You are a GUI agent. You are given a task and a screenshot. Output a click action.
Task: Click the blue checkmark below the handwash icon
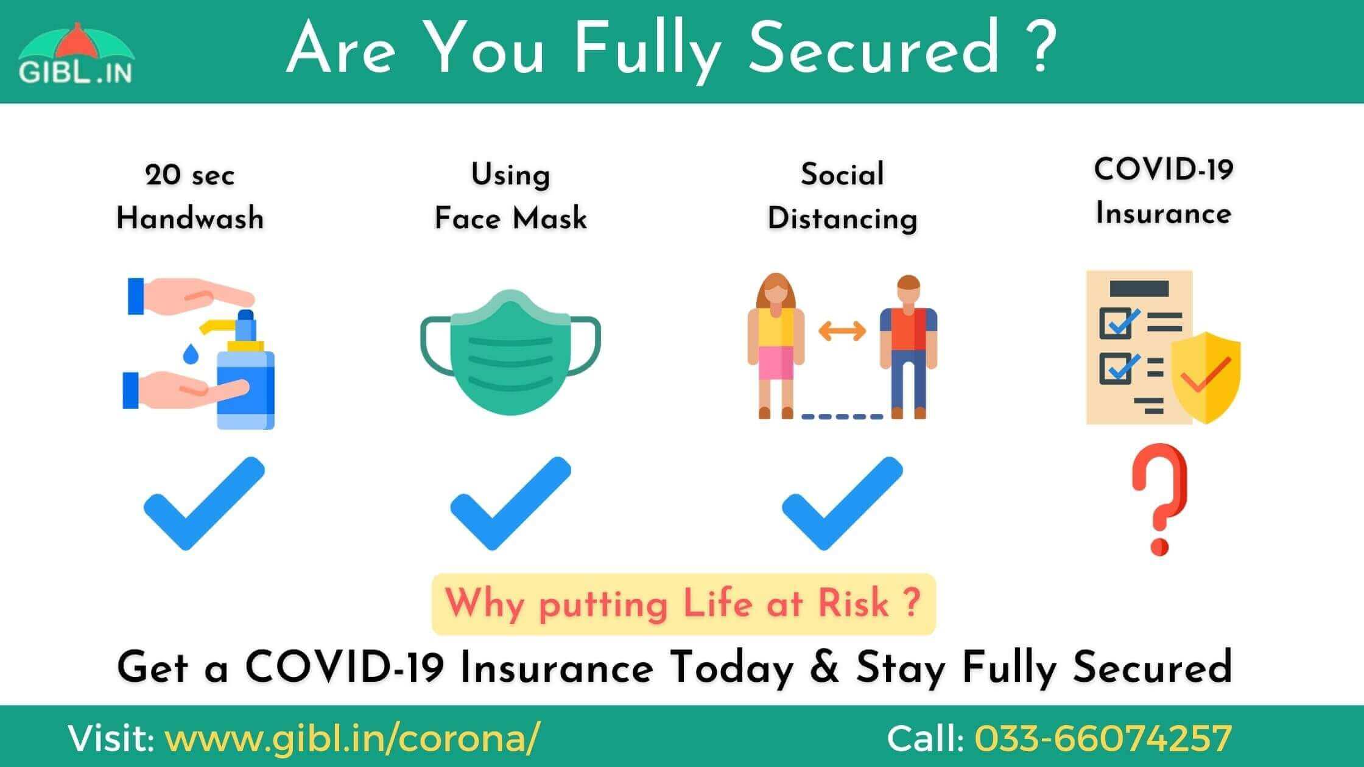coord(204,503)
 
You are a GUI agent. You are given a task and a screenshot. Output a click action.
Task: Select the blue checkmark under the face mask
coord(510,503)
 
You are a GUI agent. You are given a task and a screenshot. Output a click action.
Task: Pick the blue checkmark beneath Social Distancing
coord(842,503)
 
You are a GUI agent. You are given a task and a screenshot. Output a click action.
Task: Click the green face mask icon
coord(510,352)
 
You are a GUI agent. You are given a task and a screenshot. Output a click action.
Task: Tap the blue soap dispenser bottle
coord(245,377)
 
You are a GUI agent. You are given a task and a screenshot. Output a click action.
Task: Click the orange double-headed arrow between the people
coord(842,331)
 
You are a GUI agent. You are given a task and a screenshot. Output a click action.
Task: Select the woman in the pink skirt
coord(775,346)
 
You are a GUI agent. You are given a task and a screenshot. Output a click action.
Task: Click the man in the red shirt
coord(908,347)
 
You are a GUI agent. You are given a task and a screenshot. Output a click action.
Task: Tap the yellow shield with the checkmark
coord(1206,377)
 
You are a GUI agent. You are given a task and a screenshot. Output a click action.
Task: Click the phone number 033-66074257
coord(1103,738)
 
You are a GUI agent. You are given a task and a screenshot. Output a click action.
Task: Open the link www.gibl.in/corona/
coord(352,739)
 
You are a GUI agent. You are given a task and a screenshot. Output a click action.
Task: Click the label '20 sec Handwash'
coord(190,197)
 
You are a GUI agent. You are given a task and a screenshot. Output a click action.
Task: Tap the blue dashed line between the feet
coord(842,417)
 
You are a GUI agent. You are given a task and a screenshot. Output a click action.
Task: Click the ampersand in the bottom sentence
coord(826,667)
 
